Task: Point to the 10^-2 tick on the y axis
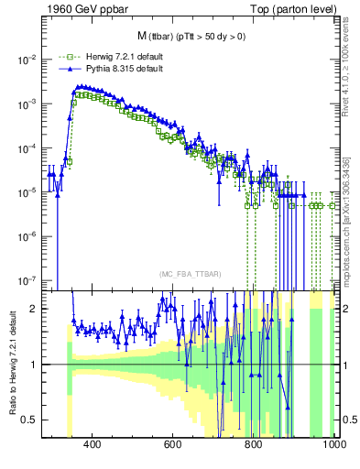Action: point(27,60)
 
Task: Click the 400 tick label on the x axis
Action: point(92,445)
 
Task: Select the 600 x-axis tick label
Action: point(172,445)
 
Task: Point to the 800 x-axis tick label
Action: point(254,445)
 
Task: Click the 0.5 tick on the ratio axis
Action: point(30,420)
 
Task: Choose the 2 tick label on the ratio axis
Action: point(35,309)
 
